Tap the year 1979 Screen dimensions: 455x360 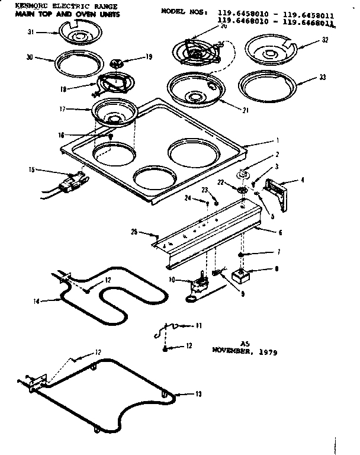266,351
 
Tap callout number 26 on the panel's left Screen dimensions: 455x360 134,231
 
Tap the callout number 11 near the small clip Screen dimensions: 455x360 199,325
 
